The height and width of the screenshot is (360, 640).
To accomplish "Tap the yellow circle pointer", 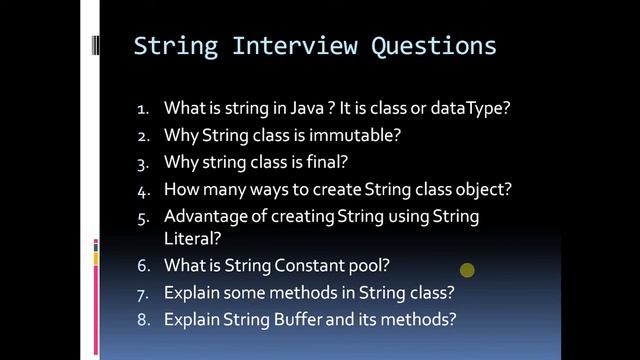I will (467, 270).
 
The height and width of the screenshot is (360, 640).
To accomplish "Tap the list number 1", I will (142, 108).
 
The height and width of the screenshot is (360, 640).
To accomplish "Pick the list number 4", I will (142, 189).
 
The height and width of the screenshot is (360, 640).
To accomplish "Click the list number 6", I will (142, 266).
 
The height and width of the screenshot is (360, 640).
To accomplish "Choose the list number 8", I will (142, 320).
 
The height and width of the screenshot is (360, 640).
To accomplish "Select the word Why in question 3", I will (180, 162).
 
